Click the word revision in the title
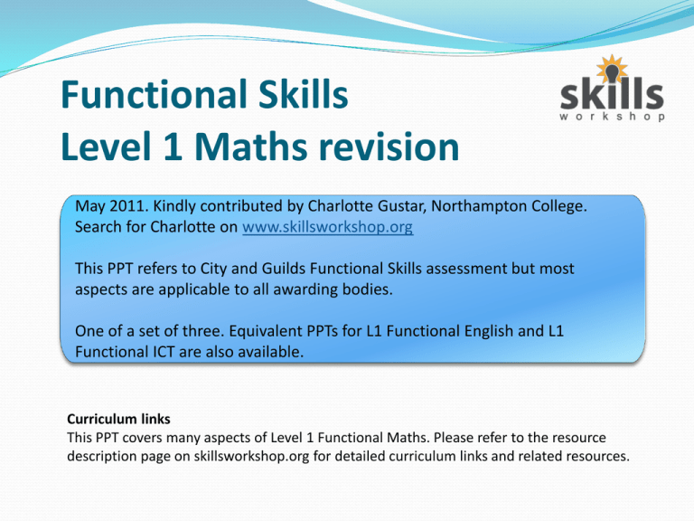pos(389,147)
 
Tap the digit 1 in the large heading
pos(173,147)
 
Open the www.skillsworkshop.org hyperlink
pos(328,227)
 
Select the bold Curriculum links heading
pos(118,419)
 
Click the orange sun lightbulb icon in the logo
pos(612,70)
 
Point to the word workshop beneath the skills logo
pos(612,117)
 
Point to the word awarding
pos(300,289)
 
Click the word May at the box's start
pos(90,207)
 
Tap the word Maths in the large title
pos(250,147)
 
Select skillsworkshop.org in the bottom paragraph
pos(251,456)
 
